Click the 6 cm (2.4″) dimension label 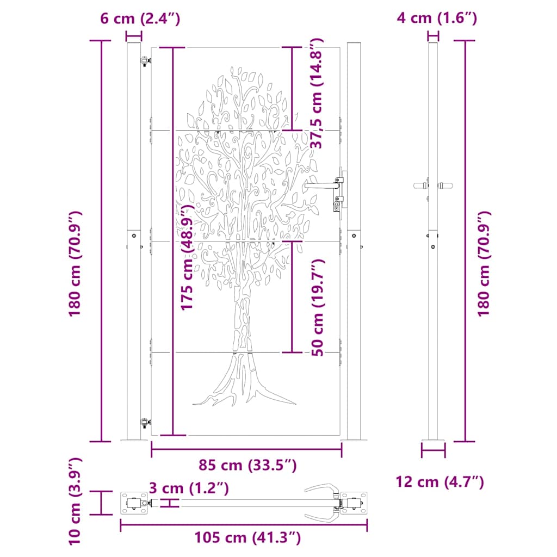[x=140, y=18]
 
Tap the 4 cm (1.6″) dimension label [x=437, y=18]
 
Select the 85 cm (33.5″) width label [x=247, y=466]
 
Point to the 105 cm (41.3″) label [x=247, y=538]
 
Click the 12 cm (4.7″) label [x=440, y=481]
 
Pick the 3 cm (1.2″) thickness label [x=188, y=488]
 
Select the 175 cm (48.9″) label [x=188, y=258]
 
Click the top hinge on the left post [x=145, y=61]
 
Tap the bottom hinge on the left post [x=145, y=422]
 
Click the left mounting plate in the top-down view [x=133, y=503]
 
